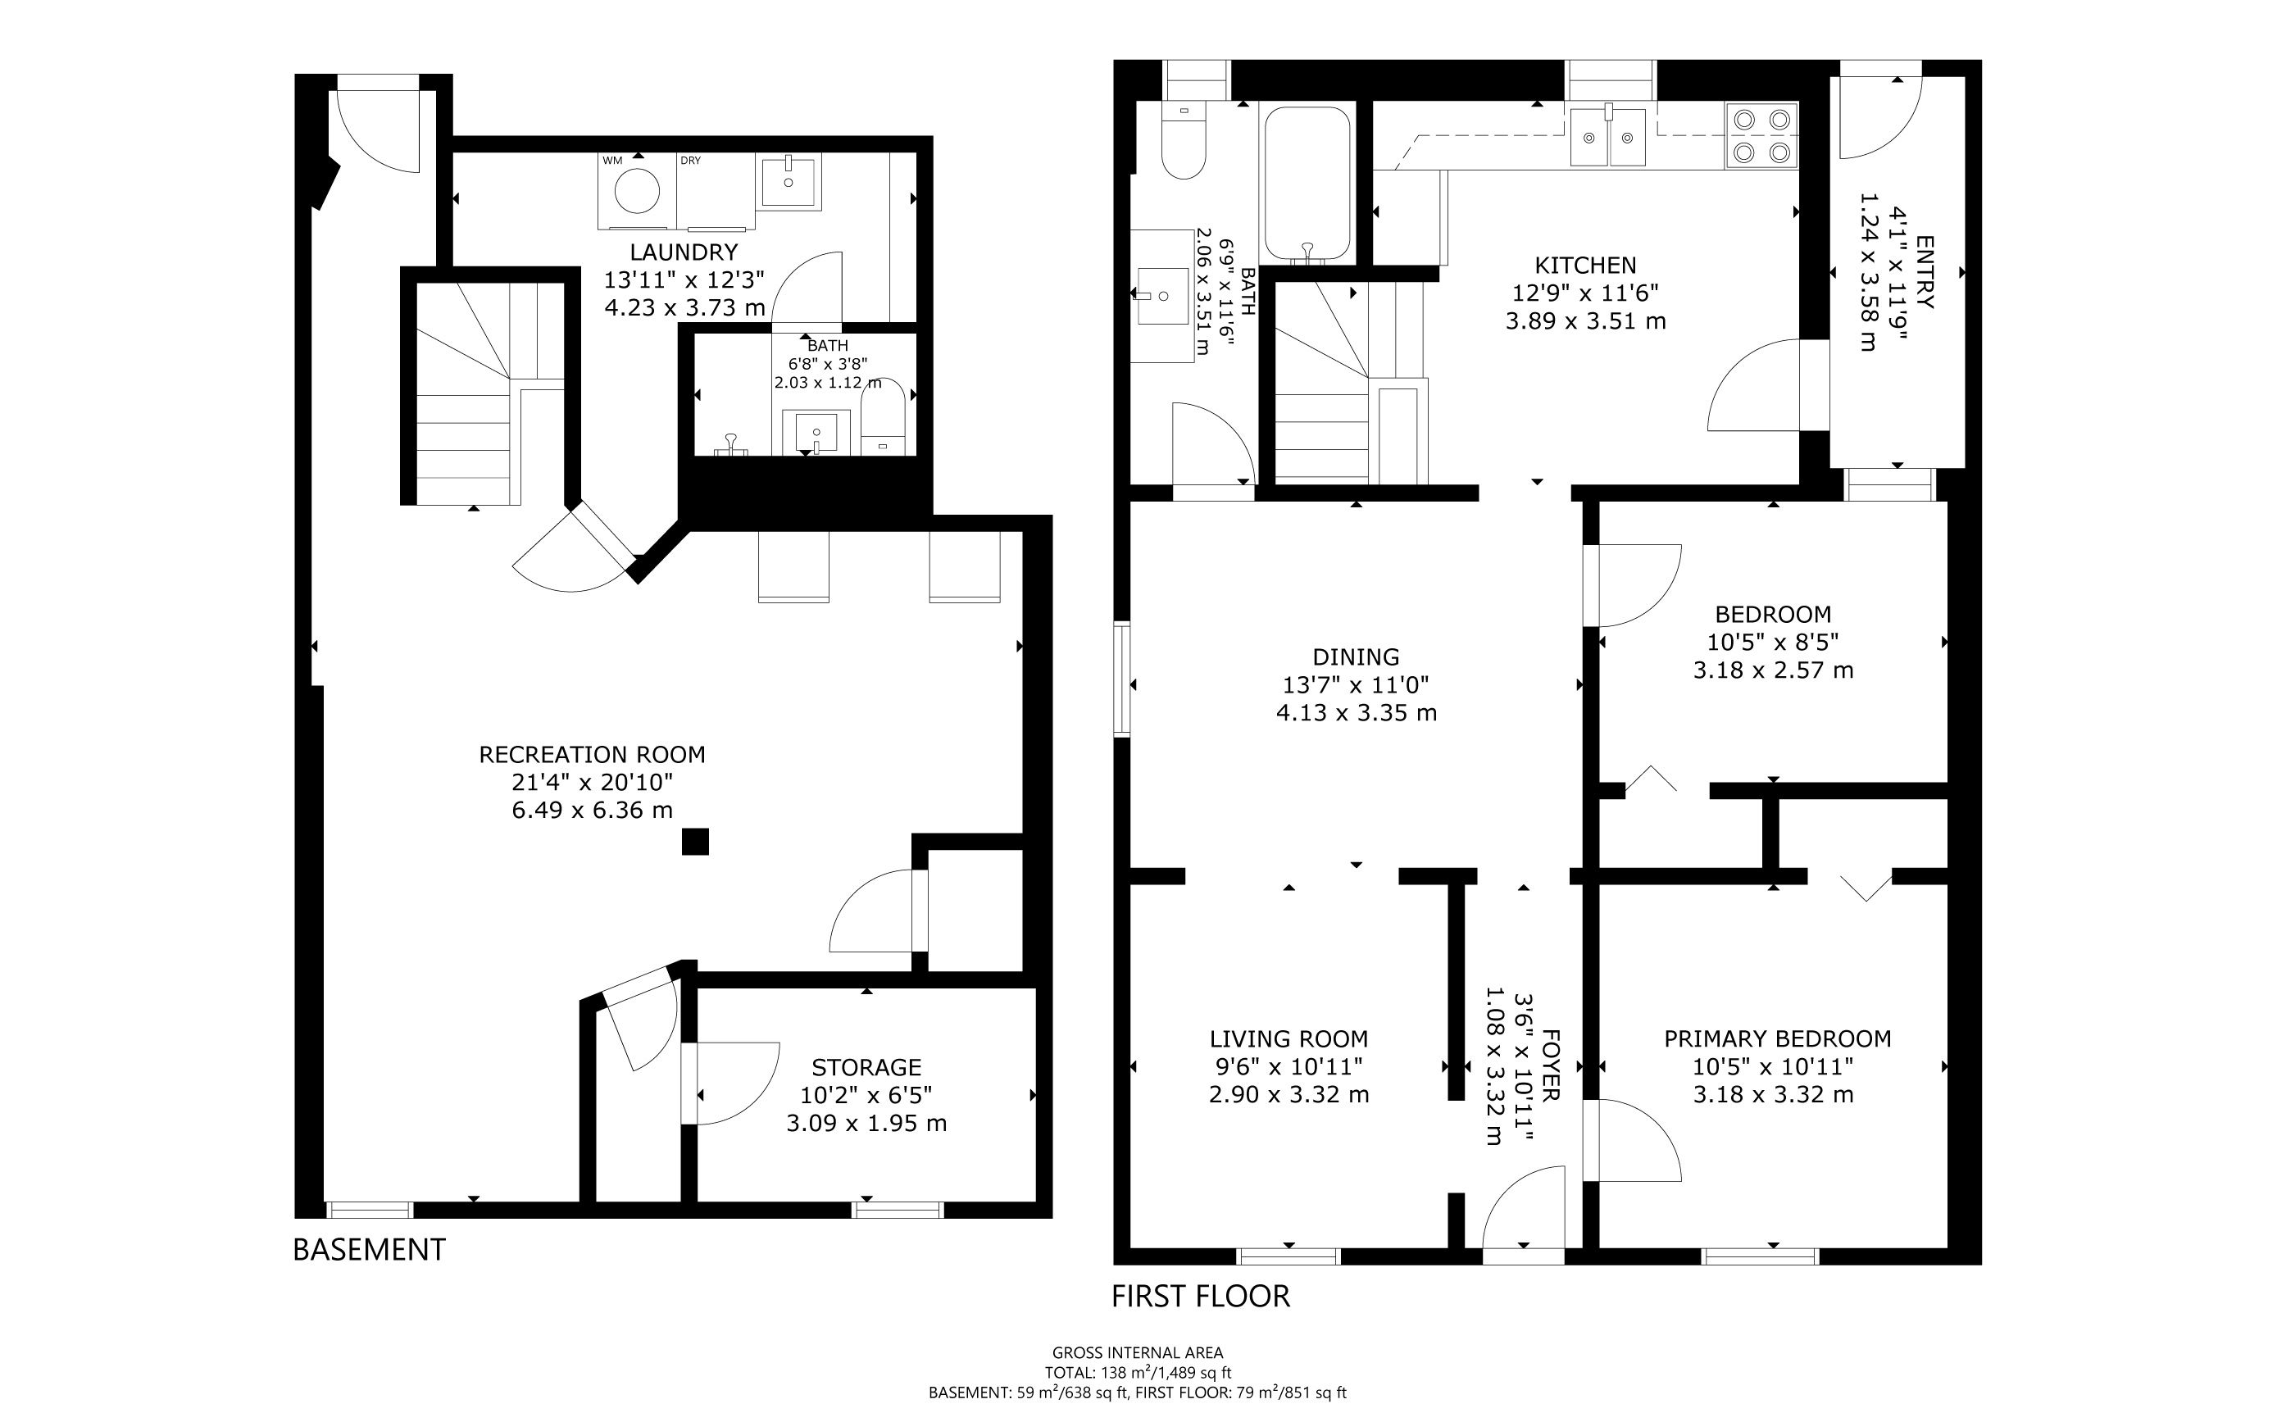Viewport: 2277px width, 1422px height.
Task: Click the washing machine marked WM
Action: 637,191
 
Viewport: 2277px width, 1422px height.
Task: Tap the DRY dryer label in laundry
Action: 690,161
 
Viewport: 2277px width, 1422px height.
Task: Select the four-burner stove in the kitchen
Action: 1761,135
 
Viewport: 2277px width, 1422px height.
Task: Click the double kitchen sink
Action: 1607,135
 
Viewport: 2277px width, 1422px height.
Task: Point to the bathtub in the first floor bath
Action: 1307,184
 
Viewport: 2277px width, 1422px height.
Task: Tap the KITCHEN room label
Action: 1586,266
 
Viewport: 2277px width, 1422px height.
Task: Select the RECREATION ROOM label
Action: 592,754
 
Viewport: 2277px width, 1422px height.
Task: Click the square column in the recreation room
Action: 695,841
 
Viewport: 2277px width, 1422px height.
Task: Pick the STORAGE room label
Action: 866,1067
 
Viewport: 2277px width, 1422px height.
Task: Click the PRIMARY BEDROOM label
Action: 1778,1038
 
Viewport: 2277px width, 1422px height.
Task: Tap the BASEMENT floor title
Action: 369,1249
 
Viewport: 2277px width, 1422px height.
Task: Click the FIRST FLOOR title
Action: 1200,1296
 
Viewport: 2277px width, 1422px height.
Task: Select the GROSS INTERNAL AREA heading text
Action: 1138,1352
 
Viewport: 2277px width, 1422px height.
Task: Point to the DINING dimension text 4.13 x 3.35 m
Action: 1357,713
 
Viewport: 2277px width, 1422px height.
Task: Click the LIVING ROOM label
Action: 1288,1039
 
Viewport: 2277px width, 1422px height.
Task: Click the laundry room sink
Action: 789,180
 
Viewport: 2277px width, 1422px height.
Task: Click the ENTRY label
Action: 1925,272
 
